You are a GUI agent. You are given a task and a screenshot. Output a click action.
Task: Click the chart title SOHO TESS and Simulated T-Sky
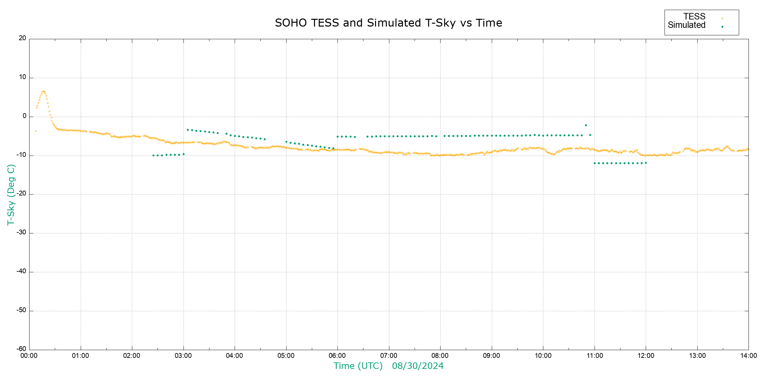tap(388, 23)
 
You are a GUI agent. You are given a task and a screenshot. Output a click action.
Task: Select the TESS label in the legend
tap(694, 17)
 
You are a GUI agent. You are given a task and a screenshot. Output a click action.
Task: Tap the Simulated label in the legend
tap(687, 25)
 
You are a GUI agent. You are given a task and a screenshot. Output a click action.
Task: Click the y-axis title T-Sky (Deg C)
tap(11, 194)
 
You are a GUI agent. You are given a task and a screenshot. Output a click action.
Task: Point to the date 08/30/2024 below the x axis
tap(418, 366)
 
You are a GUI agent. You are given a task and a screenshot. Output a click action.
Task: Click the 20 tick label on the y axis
tap(22, 38)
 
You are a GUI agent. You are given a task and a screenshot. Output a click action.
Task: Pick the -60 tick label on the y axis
tap(21, 349)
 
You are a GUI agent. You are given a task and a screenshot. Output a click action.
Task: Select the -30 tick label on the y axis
tap(21, 233)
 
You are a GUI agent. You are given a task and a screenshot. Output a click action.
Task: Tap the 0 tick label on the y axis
tap(24, 116)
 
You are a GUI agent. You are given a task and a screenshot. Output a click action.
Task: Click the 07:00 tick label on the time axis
tap(389, 356)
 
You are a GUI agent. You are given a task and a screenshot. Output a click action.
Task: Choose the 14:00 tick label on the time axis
tap(749, 356)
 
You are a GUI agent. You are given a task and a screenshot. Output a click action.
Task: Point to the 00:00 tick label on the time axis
tap(29, 356)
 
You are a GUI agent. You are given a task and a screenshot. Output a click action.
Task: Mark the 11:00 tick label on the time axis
tap(595, 356)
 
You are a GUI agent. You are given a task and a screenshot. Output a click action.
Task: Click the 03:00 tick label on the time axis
tap(183, 356)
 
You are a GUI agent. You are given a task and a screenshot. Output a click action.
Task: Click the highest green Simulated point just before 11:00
tap(586, 125)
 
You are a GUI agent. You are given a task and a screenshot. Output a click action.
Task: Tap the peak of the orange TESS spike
tap(43, 91)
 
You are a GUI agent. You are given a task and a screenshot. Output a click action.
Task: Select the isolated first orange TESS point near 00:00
tap(36, 131)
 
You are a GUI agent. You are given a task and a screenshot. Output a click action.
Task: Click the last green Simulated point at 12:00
tap(646, 163)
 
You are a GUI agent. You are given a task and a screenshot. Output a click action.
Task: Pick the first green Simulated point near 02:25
tap(153, 156)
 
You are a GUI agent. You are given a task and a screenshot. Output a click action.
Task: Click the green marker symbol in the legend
tap(722, 27)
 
